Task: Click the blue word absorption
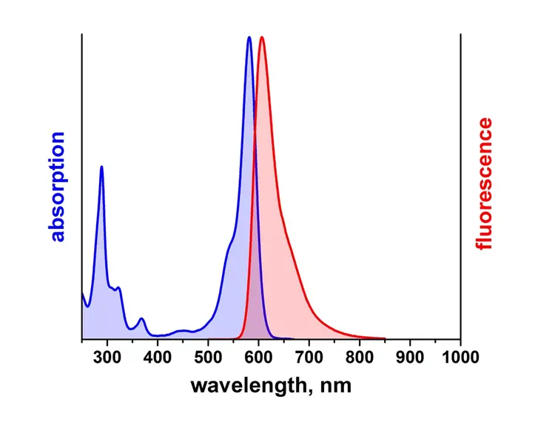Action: (x=58, y=187)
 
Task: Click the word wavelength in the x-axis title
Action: (x=248, y=386)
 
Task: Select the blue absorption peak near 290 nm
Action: (x=101, y=167)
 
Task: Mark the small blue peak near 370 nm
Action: (x=141, y=318)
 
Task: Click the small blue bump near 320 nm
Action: (x=118, y=287)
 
